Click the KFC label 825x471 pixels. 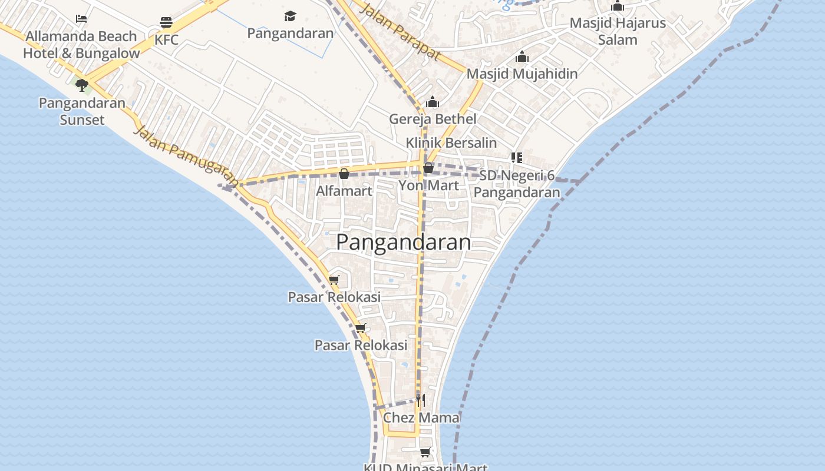(x=166, y=40)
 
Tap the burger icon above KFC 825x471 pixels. (x=166, y=23)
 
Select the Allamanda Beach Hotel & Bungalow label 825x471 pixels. (x=81, y=45)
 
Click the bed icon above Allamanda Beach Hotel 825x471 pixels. (x=81, y=19)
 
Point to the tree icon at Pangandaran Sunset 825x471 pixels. (x=82, y=85)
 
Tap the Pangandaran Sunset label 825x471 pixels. (x=82, y=111)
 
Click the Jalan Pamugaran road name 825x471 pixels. (x=186, y=156)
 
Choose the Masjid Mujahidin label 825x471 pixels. (x=522, y=74)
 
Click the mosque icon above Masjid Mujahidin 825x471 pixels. (x=522, y=57)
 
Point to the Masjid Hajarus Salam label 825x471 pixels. (x=618, y=31)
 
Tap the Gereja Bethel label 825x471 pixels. (x=433, y=119)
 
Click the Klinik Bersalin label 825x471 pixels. (x=451, y=143)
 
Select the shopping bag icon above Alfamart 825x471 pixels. (x=344, y=174)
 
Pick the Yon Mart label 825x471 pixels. (x=428, y=185)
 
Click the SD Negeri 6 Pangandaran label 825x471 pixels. (x=517, y=184)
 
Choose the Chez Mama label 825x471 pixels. (x=421, y=418)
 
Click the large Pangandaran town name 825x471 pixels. (x=404, y=242)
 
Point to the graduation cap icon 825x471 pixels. (x=290, y=16)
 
